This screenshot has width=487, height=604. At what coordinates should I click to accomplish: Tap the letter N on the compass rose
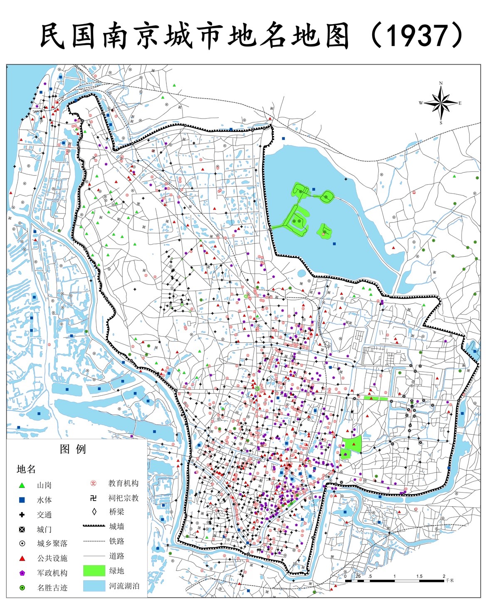441,83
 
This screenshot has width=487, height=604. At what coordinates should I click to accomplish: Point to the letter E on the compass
460,103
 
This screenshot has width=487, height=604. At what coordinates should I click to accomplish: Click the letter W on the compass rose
421,103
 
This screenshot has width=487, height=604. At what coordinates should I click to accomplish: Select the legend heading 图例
73,449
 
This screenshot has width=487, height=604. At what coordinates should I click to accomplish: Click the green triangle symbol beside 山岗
22,485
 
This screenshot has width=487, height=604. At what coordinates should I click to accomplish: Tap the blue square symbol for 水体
22,500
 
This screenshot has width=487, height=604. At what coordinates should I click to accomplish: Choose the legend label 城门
44,530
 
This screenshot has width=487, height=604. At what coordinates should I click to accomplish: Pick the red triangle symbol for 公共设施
22,558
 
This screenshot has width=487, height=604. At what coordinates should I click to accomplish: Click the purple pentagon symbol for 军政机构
22,573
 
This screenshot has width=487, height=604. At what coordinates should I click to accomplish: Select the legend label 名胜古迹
52,588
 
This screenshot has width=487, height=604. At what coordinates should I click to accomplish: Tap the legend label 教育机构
124,483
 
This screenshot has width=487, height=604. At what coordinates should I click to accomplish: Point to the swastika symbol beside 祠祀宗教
94,498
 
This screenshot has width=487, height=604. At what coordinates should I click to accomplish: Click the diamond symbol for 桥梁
94,512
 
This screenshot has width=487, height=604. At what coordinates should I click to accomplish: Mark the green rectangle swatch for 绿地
94,571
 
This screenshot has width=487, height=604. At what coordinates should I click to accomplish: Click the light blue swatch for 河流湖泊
94,586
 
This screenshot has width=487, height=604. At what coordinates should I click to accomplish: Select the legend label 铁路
117,541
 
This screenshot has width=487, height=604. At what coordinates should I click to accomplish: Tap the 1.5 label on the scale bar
419,576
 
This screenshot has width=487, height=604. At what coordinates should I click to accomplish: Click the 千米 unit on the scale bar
450,580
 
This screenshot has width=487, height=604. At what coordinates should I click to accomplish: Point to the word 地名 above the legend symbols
26,469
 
